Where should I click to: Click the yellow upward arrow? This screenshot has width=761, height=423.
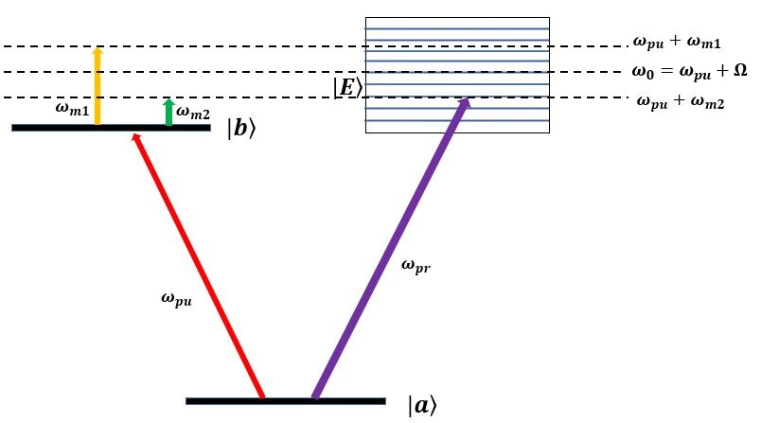97,87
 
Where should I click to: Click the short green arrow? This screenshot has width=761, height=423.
168,113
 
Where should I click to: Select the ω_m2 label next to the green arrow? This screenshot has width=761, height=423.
194,114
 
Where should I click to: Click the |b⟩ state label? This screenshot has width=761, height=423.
241,130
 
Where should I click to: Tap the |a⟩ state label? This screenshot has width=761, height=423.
421,406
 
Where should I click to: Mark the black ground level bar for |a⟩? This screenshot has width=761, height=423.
285,401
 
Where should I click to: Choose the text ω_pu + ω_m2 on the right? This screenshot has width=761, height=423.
681,101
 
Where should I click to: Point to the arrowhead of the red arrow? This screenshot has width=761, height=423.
140,141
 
